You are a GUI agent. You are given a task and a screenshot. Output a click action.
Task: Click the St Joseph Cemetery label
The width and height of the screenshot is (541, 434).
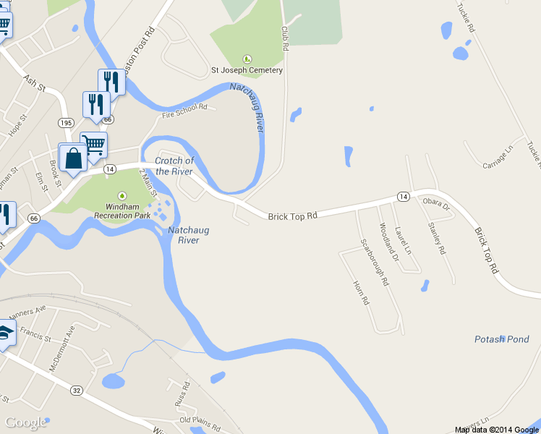pos(246,71)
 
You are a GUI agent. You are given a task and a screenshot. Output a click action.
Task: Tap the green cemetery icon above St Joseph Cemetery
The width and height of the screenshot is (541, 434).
pos(247,59)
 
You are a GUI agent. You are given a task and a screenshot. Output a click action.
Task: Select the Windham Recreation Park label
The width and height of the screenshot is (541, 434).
pos(123,210)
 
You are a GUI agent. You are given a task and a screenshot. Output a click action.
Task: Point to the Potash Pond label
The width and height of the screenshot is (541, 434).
pos(501,339)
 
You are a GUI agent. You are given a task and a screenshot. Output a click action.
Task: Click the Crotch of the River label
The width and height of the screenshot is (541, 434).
pos(174,166)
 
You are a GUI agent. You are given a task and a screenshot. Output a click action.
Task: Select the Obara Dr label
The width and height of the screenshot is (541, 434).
pos(436,205)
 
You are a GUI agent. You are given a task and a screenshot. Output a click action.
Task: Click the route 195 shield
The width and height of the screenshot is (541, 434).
pos(66,123)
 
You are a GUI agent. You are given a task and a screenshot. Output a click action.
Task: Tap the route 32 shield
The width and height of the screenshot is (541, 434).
pos(76,390)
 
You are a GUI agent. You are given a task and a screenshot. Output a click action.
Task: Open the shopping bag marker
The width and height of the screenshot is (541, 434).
pos(73,158)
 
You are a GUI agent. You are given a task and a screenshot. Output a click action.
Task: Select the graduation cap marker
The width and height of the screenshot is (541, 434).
pos(5,333)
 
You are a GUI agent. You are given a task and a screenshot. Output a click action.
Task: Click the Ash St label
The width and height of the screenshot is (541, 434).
pos(34,84)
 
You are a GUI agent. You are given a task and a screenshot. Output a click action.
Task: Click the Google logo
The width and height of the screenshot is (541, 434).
pos(26,422)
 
